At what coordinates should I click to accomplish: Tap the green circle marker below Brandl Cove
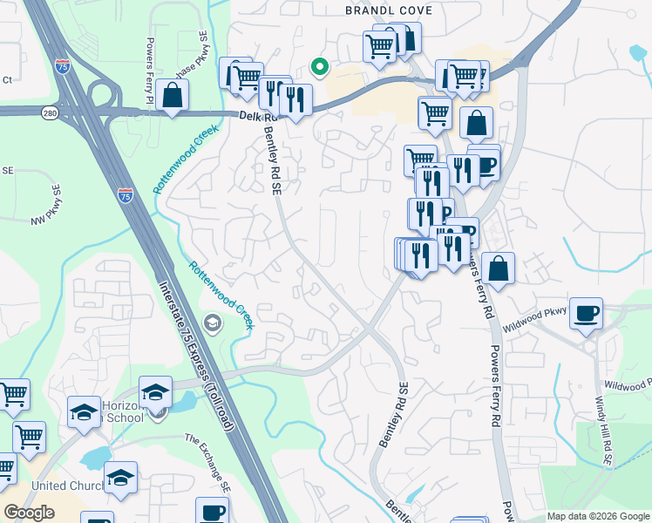[x=320, y=65]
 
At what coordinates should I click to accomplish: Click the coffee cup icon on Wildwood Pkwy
[x=587, y=311]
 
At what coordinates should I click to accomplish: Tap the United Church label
[x=66, y=486]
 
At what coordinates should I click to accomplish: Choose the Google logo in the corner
[x=29, y=513]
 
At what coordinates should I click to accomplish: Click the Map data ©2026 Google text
[x=597, y=516]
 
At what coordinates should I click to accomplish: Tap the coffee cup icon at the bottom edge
[x=212, y=511]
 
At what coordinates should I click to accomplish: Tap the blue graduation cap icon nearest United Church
[x=120, y=476]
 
